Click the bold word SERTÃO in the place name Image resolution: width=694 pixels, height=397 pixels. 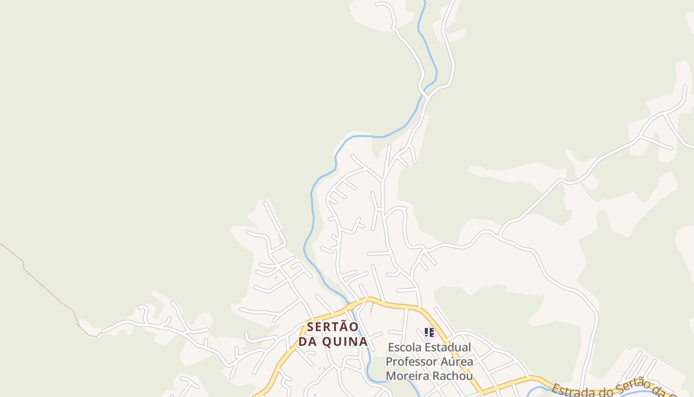332,328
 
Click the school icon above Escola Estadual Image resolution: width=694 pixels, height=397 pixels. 429,332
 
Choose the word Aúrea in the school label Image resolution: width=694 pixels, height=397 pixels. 456,362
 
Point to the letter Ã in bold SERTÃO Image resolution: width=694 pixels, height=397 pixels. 342,327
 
